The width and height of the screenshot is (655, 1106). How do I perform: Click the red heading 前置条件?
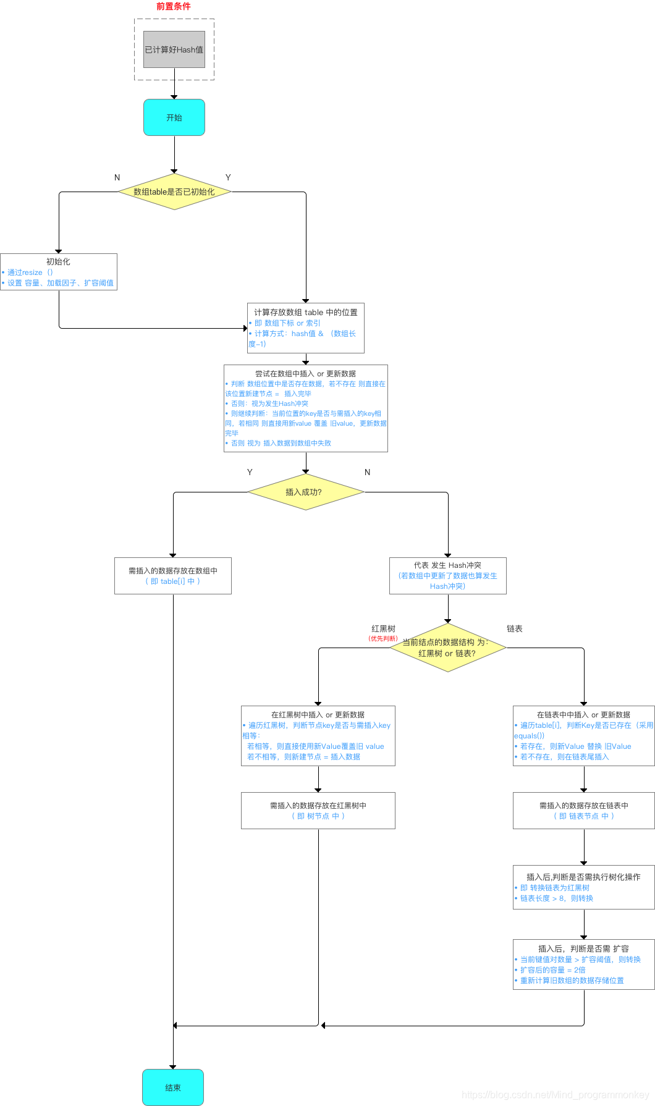click(174, 6)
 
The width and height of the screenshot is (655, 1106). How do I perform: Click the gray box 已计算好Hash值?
click(174, 49)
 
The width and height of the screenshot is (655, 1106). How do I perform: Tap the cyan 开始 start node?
click(174, 117)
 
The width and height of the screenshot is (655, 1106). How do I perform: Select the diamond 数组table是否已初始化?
click(174, 192)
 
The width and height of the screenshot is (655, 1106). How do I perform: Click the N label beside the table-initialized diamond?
click(117, 177)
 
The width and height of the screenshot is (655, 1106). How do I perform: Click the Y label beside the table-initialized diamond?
click(228, 177)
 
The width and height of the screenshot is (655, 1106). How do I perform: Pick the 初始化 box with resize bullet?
click(59, 272)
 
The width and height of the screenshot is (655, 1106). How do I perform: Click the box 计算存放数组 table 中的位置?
click(306, 327)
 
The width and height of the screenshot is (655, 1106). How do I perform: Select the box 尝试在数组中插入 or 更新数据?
click(306, 408)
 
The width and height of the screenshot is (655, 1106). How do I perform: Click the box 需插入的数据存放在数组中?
click(173, 576)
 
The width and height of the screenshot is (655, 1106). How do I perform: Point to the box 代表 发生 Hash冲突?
click(448, 576)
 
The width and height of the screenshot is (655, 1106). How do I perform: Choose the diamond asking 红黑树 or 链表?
click(448, 648)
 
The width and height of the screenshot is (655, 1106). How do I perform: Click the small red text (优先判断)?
click(383, 638)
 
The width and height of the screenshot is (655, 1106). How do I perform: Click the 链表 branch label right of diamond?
click(515, 628)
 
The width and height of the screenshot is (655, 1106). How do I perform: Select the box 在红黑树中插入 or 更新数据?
click(318, 735)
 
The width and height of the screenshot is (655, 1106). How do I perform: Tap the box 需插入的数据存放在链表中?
click(584, 810)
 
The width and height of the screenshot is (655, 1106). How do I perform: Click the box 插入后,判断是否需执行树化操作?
click(584, 887)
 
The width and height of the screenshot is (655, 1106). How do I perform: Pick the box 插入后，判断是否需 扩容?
click(584, 964)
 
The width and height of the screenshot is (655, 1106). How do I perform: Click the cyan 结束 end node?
click(173, 1087)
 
